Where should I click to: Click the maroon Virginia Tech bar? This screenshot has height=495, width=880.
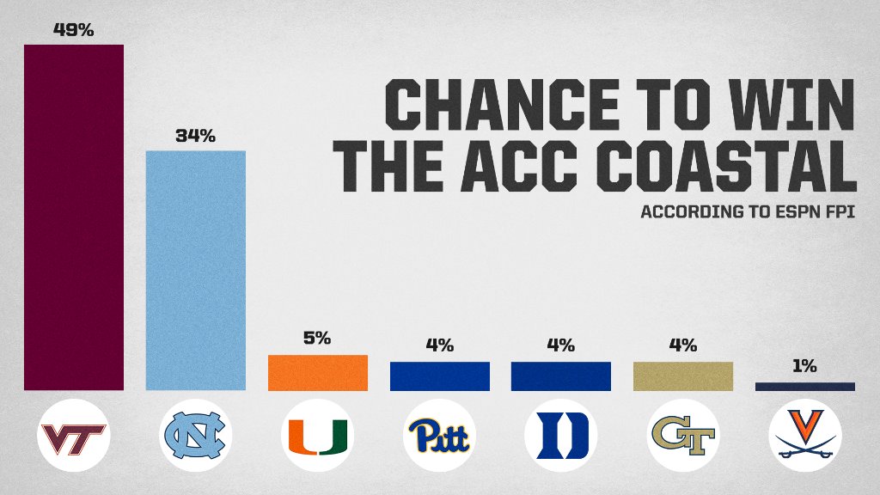74,217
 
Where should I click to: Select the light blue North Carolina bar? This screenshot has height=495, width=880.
195,271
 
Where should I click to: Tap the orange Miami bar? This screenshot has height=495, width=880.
317,373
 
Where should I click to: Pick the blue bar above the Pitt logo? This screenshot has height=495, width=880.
439,376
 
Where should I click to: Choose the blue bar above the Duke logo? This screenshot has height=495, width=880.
560,376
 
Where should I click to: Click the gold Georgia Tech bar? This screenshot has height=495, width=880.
682,376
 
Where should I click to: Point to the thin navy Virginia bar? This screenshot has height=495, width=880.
804,387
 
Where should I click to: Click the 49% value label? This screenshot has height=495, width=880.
74,30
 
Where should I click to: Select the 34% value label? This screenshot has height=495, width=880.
195,136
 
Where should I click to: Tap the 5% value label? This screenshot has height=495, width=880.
317,339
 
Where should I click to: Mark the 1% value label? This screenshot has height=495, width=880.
804,366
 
